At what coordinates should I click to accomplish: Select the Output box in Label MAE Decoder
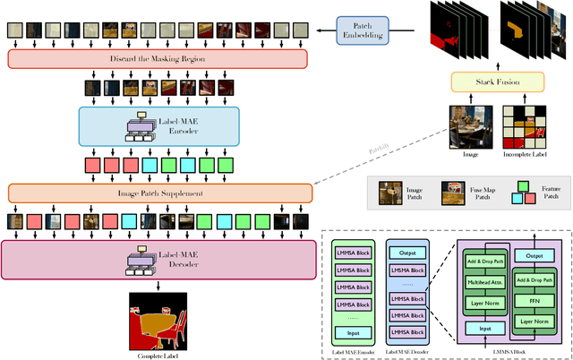click(x=408, y=251)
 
